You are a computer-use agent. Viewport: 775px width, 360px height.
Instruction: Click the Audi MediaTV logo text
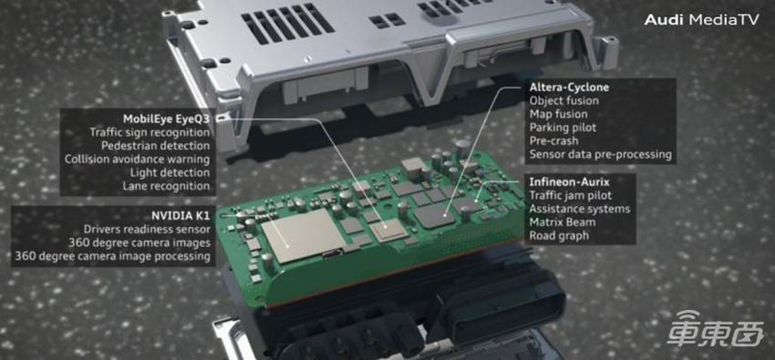701,20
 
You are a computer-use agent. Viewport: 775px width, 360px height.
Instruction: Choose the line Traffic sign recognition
150,132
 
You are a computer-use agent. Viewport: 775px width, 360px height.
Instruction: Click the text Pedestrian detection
156,146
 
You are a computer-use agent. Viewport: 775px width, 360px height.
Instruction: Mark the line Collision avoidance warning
138,159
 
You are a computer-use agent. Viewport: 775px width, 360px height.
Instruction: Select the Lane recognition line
166,187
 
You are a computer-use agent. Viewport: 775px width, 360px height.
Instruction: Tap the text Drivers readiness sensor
147,230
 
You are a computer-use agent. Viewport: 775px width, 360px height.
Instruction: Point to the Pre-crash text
554,141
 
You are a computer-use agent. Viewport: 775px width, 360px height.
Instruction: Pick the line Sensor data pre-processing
601,155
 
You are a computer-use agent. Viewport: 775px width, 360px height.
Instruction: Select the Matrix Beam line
563,222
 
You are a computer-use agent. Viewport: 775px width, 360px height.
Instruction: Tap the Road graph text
559,235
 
